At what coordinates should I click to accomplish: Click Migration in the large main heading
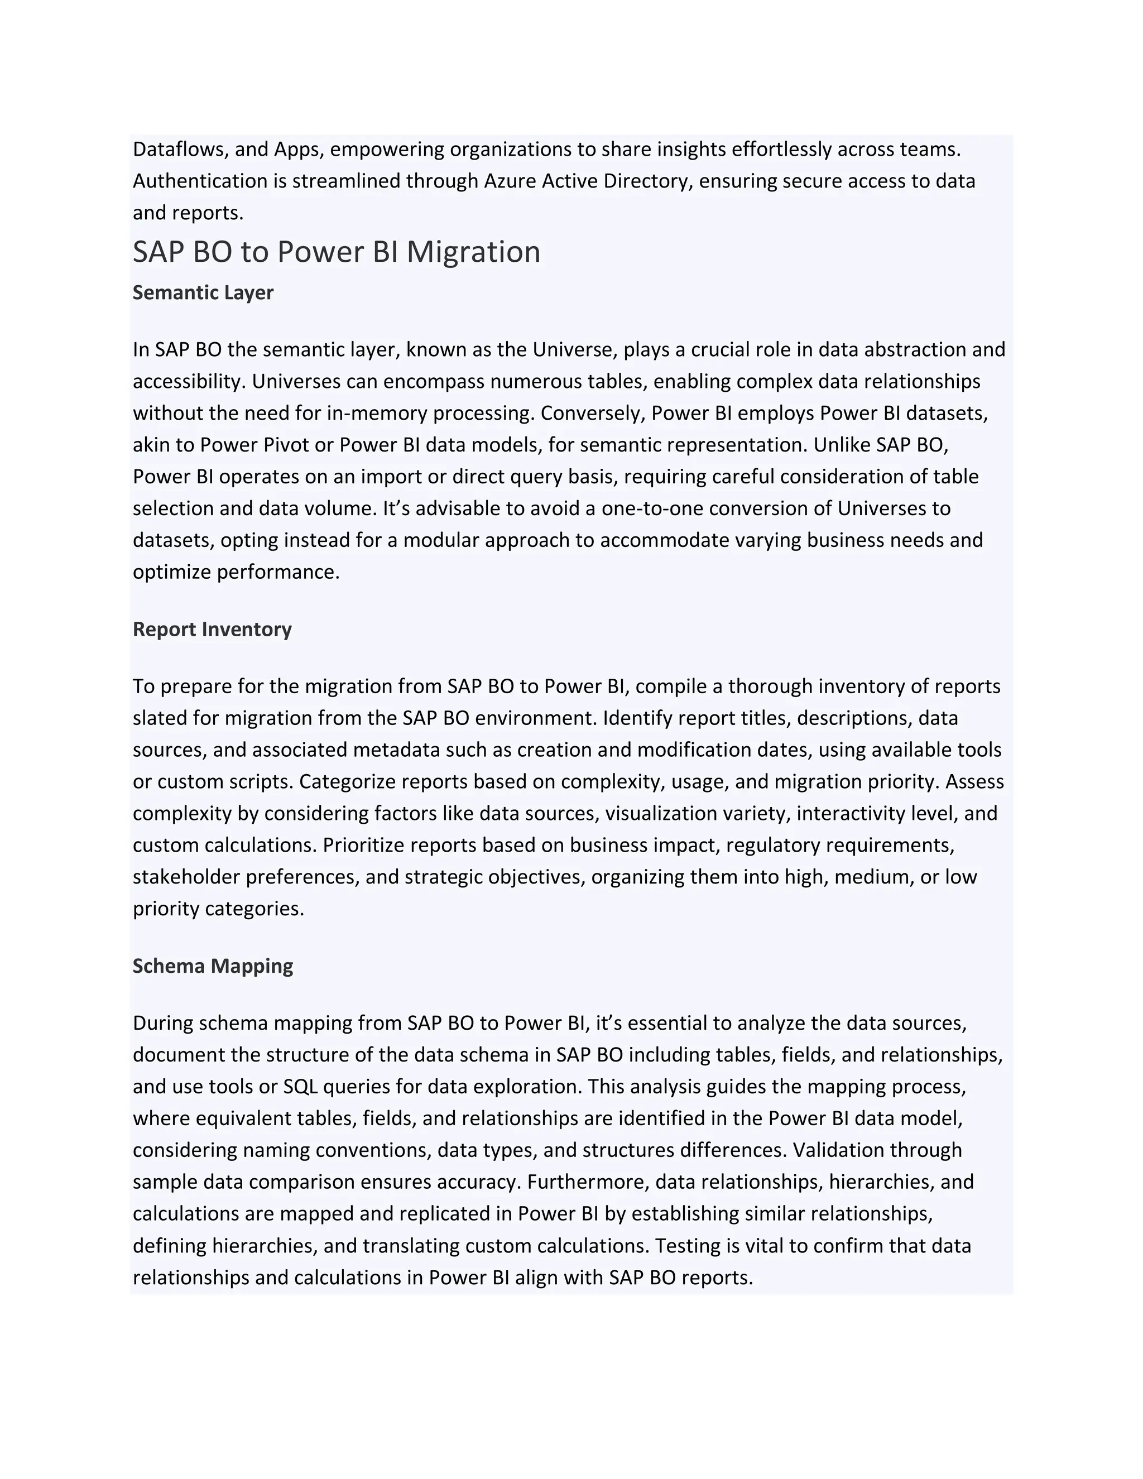coord(473,252)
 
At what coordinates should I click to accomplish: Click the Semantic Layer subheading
coord(203,292)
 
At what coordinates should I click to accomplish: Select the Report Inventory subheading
coord(212,629)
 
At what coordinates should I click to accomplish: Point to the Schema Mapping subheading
coord(213,966)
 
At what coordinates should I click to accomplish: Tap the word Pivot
coord(304,445)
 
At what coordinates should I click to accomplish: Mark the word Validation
coord(838,1150)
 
